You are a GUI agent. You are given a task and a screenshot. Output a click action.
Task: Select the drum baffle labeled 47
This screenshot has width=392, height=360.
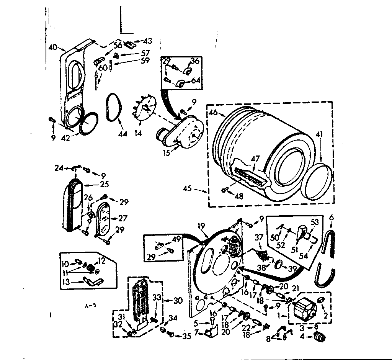[251, 177]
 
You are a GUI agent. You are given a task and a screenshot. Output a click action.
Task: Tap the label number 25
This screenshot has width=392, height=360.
[104, 184]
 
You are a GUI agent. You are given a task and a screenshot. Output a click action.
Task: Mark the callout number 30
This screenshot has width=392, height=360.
[178, 301]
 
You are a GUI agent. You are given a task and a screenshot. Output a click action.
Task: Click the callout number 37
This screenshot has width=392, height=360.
[259, 238]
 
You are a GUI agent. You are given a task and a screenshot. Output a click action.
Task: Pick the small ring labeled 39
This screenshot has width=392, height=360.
[279, 264]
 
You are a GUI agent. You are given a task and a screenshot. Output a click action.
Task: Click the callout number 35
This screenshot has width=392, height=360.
[186, 337]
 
